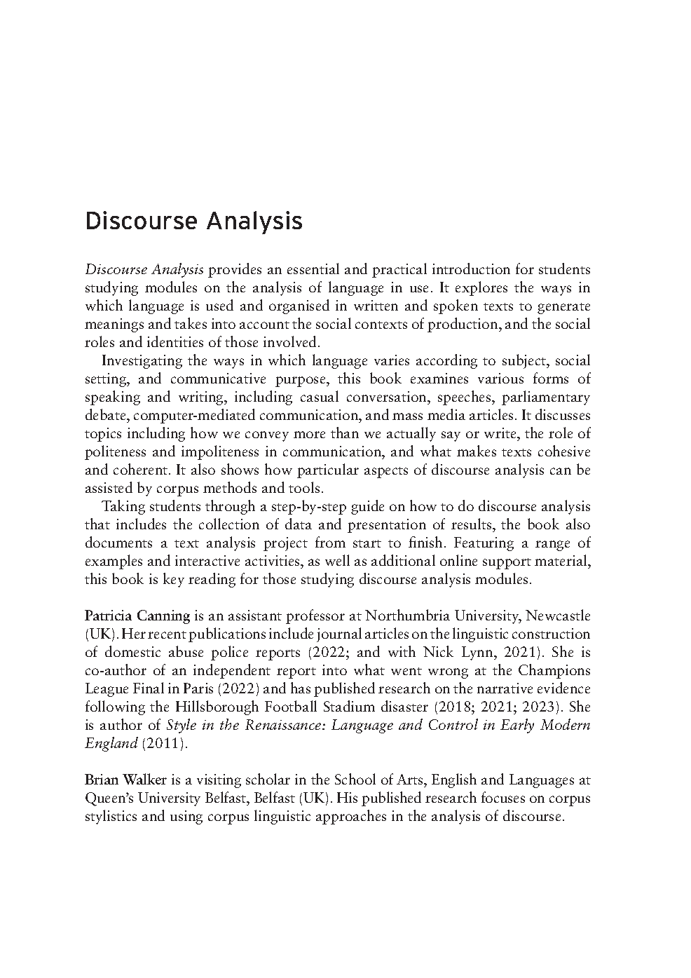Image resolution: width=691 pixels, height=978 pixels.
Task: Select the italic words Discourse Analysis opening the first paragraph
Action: pyautogui.click(x=144, y=270)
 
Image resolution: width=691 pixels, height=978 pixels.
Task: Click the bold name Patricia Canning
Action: pyautogui.click(x=137, y=616)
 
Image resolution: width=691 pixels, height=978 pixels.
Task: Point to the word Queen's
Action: pyautogui.click(x=107, y=799)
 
